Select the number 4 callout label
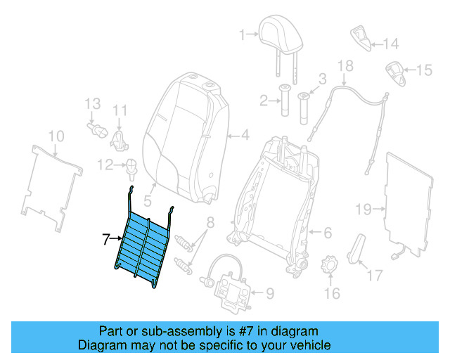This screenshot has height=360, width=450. click(245, 135)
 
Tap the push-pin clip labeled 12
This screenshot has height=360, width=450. click(130, 167)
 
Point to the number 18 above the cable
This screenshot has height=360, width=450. click(345, 66)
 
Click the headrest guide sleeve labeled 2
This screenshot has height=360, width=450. click(286, 100)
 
